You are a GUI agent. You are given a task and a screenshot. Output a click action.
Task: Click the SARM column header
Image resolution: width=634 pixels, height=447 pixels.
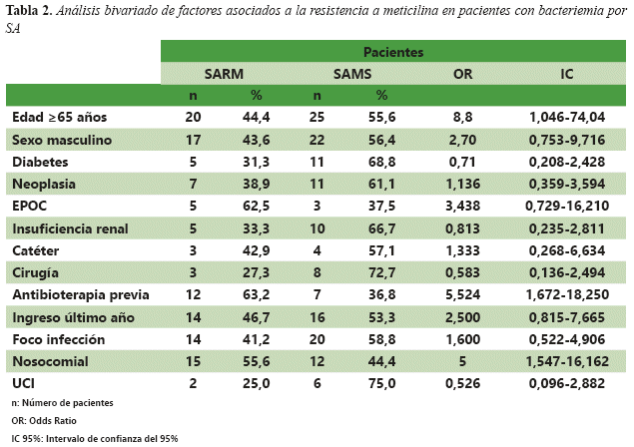(223, 73)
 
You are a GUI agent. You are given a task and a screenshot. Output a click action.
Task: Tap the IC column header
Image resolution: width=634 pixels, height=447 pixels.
(566, 73)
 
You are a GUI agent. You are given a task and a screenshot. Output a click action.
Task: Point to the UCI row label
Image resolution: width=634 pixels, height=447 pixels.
(24, 383)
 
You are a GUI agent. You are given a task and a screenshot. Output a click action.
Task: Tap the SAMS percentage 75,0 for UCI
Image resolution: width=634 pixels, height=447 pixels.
(380, 383)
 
